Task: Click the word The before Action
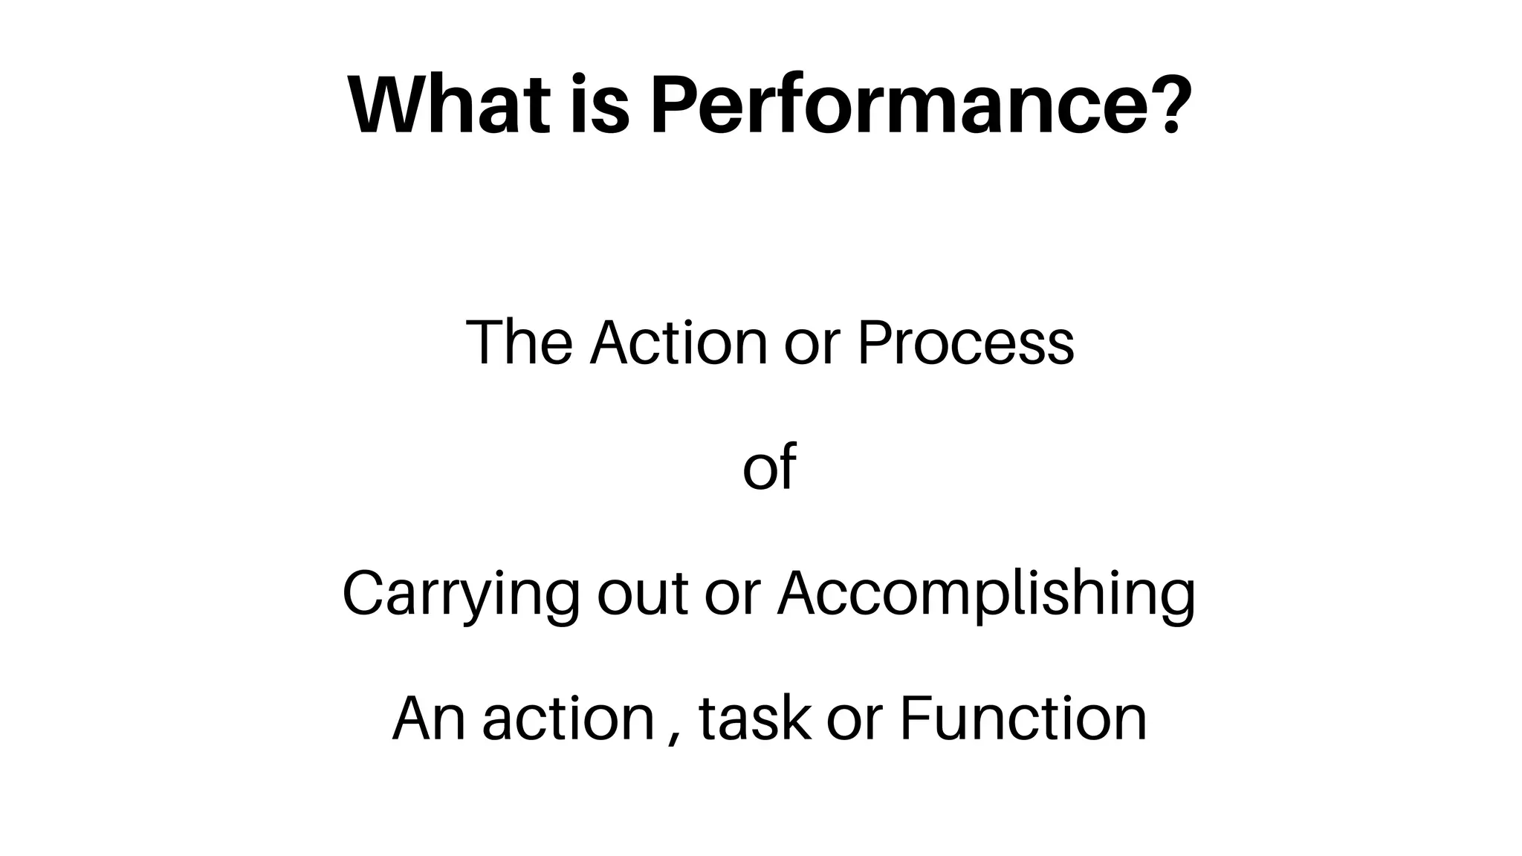click(x=519, y=343)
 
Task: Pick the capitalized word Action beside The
click(x=678, y=343)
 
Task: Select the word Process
click(x=965, y=343)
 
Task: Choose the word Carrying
click(x=460, y=594)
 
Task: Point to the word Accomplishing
click(x=986, y=594)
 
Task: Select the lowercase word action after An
click(x=568, y=719)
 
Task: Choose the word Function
click(x=1023, y=719)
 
